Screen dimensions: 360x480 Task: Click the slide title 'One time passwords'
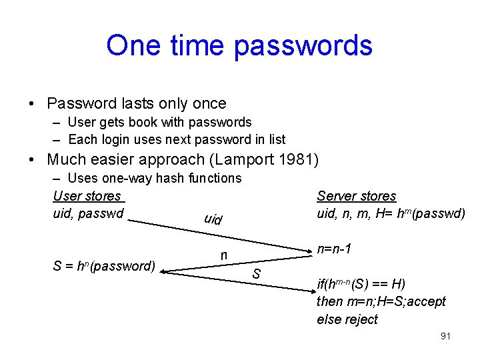tap(239, 45)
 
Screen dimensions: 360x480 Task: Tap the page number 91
tap(445, 336)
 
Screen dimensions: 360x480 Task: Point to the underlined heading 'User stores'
tap(87, 196)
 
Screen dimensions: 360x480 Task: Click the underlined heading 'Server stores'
tap(356, 196)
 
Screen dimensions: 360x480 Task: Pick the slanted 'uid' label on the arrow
tap(213, 219)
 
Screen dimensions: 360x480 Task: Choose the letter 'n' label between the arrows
tap(224, 255)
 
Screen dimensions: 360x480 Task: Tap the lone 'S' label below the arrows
tap(256, 273)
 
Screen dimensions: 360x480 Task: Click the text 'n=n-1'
tap(335, 249)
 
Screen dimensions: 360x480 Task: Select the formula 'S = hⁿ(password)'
tap(104, 266)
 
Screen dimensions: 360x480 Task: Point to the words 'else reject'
tap(347, 319)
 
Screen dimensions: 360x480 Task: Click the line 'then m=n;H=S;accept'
tap(381, 301)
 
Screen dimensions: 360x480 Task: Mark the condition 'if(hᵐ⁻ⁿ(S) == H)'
tap(361, 283)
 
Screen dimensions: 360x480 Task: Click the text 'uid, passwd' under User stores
tap(88, 213)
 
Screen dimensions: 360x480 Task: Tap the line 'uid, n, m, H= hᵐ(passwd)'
tap(391, 213)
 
